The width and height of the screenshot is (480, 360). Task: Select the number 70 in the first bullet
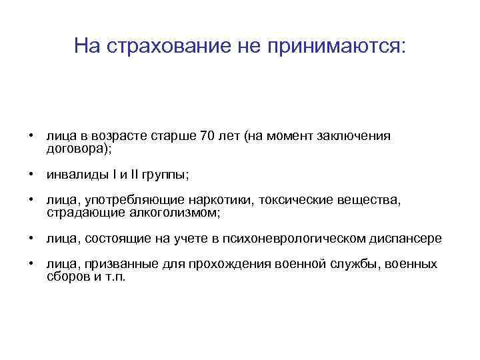207,136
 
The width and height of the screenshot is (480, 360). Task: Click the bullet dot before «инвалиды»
31,175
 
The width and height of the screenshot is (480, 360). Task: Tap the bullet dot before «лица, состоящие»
31,238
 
